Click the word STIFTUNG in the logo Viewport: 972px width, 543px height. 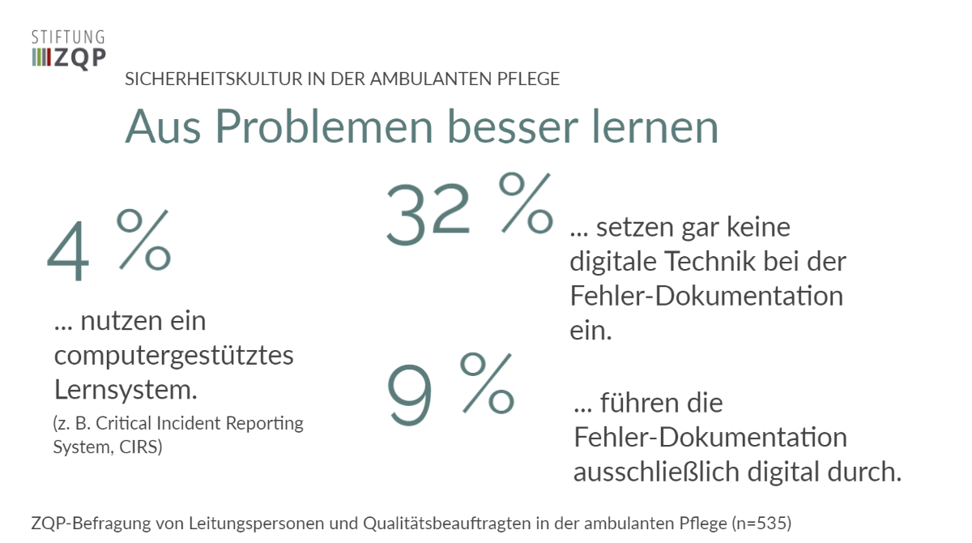[68, 36]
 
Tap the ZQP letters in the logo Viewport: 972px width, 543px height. [79, 58]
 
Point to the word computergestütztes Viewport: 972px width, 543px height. [173, 355]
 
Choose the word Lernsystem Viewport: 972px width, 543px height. [126, 390]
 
